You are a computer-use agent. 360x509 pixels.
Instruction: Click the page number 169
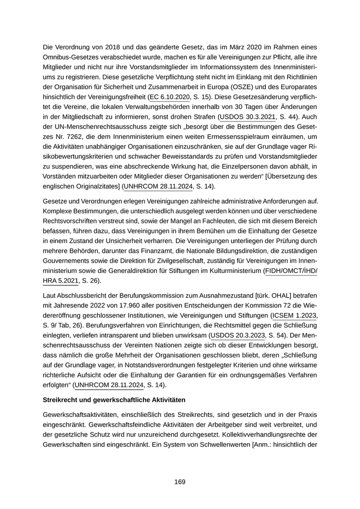pos(179,482)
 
